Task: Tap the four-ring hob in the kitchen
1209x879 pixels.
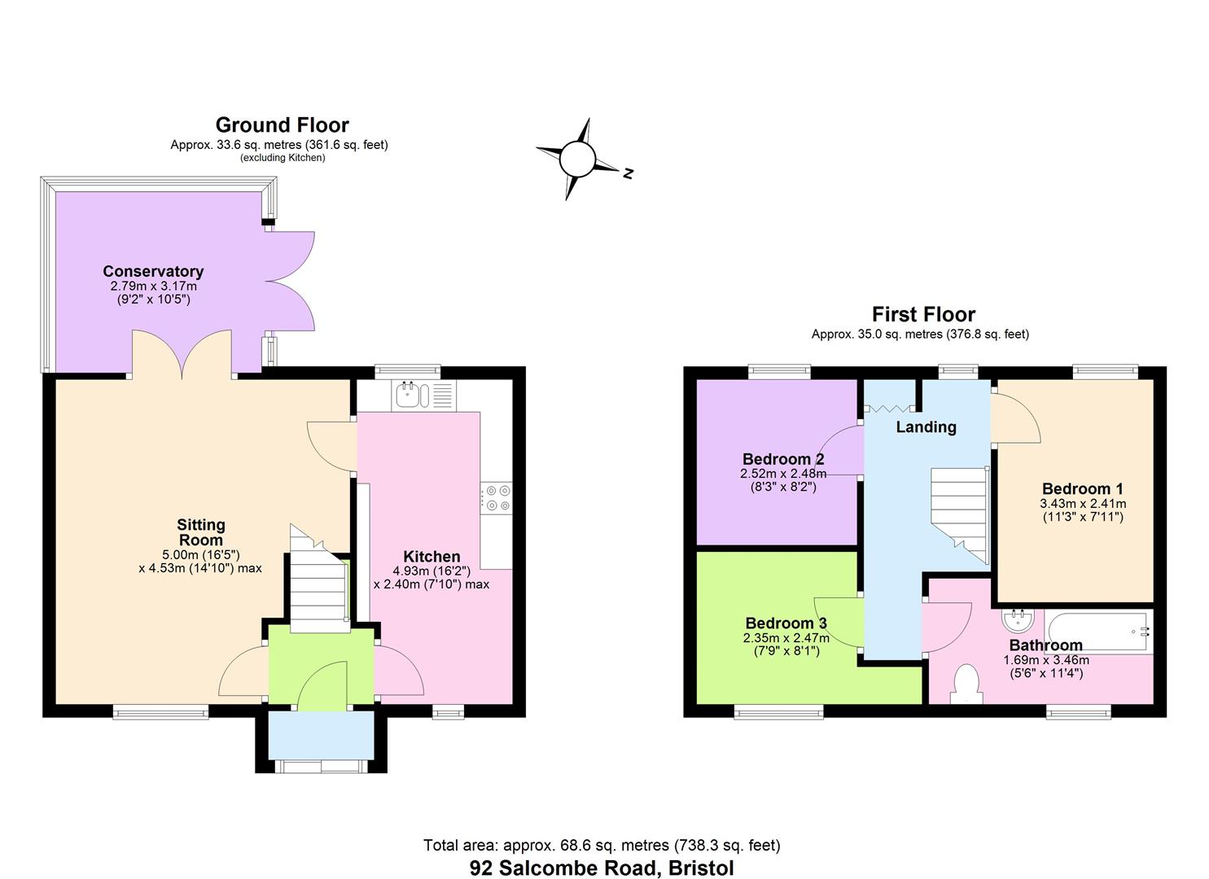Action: click(496, 498)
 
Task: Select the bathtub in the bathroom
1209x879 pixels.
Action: click(1097, 632)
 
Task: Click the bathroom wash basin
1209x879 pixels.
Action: click(1018, 622)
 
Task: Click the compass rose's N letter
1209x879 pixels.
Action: click(628, 173)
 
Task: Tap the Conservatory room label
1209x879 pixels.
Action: click(153, 271)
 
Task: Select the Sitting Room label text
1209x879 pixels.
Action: click(200, 532)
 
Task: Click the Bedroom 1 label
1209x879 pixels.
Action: click(1082, 488)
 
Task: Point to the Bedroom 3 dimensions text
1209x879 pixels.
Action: click(786, 645)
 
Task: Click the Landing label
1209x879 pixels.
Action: click(926, 426)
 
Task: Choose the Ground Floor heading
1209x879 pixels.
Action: click(282, 125)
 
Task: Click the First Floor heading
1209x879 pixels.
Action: click(922, 314)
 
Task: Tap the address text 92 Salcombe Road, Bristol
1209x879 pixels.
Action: click(602, 868)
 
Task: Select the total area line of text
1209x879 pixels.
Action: click(602, 846)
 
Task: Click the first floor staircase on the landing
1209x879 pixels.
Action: click(959, 513)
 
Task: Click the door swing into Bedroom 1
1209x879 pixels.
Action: click(1016, 418)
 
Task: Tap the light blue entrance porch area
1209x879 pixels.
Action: click(321, 735)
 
